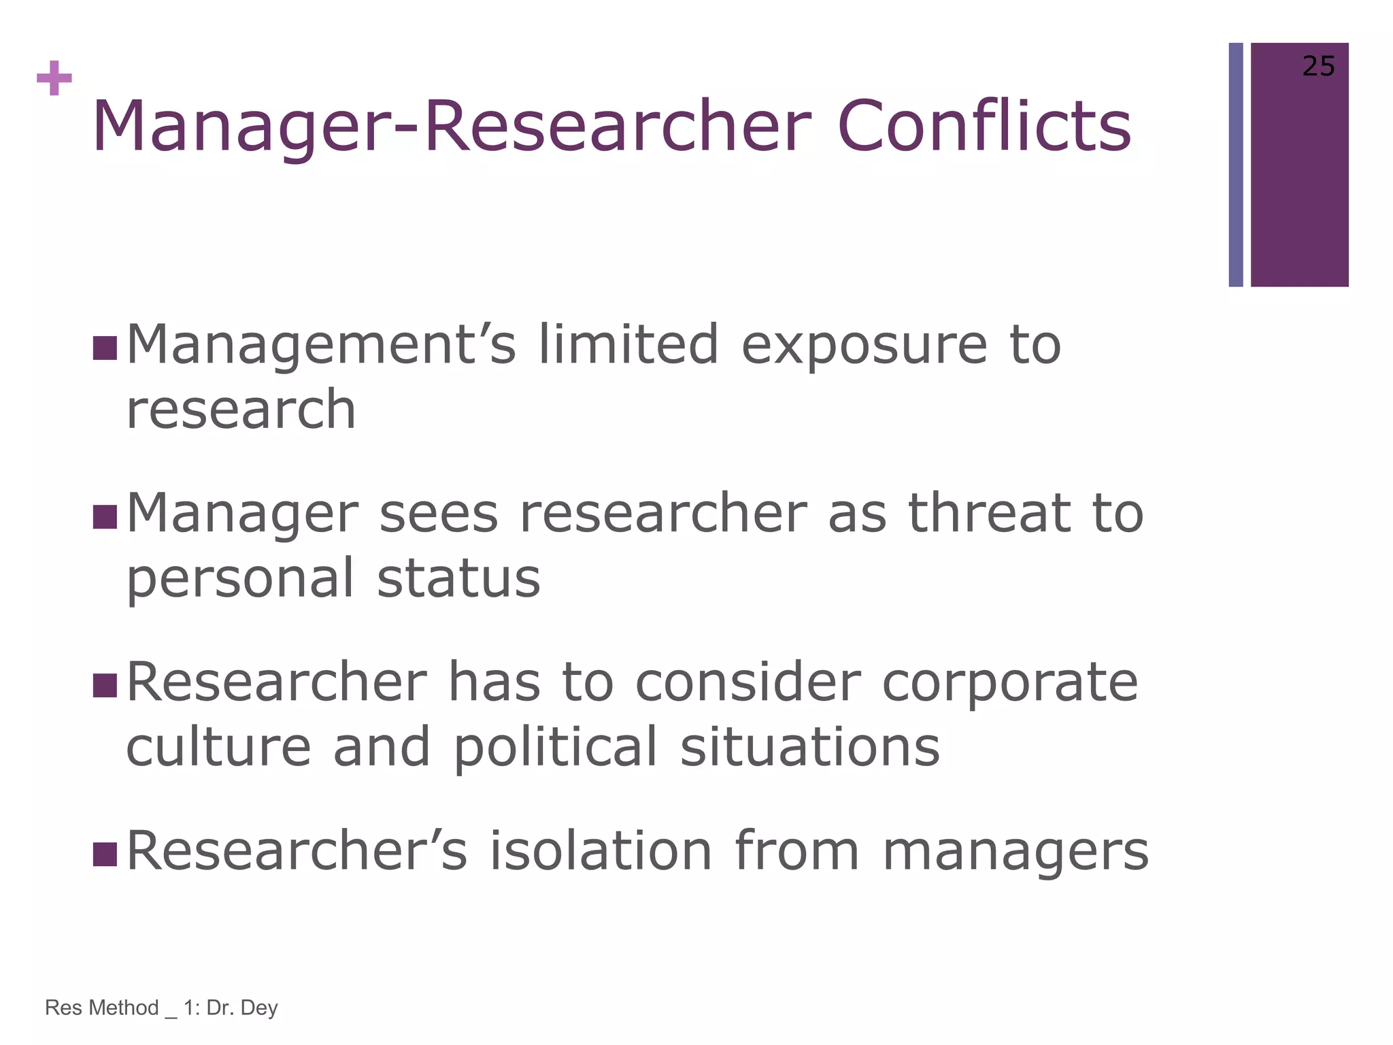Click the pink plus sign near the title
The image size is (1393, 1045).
point(54,78)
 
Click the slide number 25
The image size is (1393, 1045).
point(1318,67)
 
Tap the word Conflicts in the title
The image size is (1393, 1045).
point(984,127)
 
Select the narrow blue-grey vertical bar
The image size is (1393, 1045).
point(1236,165)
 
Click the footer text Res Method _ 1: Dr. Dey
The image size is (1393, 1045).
point(161,1008)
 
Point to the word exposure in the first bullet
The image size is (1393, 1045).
point(864,345)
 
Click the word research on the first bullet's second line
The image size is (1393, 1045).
point(241,410)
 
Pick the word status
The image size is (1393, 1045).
point(458,578)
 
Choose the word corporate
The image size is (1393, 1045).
point(1009,684)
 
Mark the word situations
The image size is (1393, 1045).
point(809,747)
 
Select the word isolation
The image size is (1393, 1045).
point(601,850)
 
